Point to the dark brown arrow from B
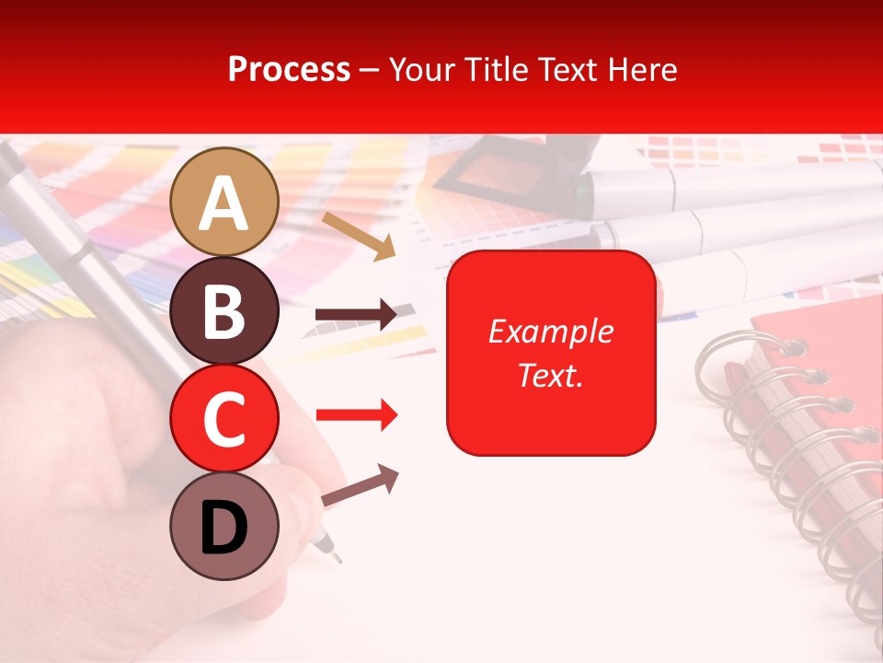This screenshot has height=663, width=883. [x=356, y=315]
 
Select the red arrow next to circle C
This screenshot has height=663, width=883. [x=356, y=415]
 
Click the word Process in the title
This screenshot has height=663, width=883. [x=289, y=69]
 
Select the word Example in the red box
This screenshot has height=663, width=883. [x=550, y=331]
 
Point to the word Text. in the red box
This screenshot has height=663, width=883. [x=550, y=376]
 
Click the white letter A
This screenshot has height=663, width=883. [x=224, y=204]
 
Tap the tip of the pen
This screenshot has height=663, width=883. [x=337, y=558]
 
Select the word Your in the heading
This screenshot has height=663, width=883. [x=419, y=69]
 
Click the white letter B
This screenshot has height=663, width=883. [x=224, y=312]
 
